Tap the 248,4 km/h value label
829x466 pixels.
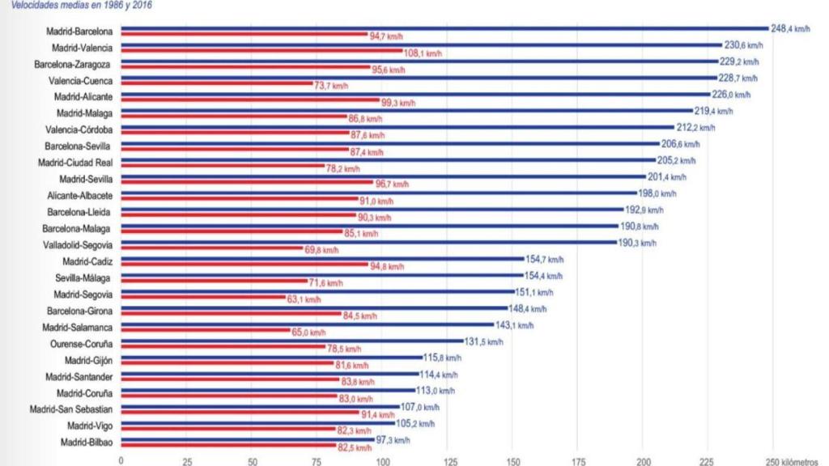click(x=789, y=28)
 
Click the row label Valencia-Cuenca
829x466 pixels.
click(x=81, y=80)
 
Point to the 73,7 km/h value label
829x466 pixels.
click(x=331, y=86)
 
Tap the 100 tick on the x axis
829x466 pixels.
click(x=381, y=460)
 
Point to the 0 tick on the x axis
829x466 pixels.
click(x=121, y=460)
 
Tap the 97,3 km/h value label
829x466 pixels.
click(x=393, y=440)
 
